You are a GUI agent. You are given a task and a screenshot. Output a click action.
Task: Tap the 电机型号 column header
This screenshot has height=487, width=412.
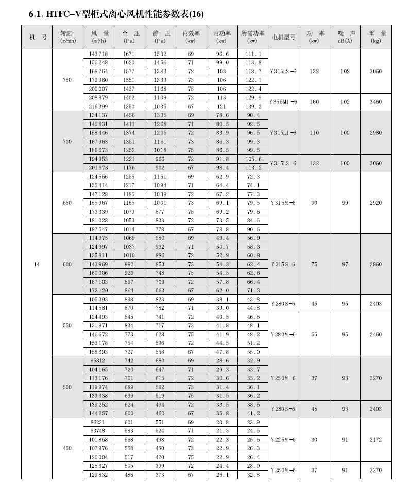tap(283, 37)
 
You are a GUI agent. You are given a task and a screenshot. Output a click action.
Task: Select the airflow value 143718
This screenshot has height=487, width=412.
tap(98, 54)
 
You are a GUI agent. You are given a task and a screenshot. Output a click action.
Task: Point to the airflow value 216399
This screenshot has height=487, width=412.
tap(98, 106)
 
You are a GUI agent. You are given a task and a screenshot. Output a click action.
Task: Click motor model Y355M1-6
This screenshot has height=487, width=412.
tap(283, 102)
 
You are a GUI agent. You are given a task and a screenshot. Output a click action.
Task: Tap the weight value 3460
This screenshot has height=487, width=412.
tap(376, 102)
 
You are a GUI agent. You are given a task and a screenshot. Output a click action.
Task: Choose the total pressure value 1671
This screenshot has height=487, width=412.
tap(128, 54)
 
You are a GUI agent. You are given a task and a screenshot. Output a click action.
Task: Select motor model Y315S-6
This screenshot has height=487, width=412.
tap(283, 264)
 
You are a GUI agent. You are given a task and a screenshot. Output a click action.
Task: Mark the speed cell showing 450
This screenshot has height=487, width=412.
tap(67, 448)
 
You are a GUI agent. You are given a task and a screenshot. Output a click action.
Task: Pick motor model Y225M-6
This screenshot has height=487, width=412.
tap(283, 440)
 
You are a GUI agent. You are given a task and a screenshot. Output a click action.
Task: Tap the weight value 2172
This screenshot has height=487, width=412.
tap(376, 440)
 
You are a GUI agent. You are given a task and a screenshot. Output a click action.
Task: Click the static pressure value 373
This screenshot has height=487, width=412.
tap(160, 475)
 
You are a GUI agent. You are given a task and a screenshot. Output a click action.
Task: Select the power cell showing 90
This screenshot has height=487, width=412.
tap(314, 203)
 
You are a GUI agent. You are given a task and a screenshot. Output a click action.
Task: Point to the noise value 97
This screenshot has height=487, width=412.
tap(345, 264)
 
